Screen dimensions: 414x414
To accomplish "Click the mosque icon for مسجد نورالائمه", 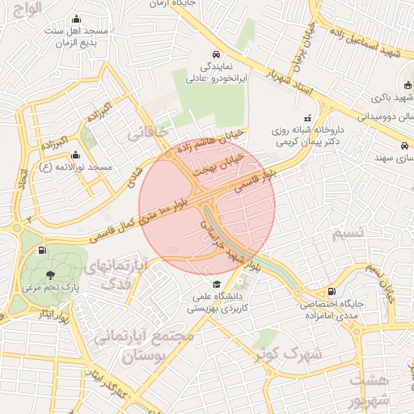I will (76, 155).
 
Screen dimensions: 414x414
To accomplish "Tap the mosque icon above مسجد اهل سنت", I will (76, 19).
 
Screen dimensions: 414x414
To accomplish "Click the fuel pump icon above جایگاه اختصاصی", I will (331, 292).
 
